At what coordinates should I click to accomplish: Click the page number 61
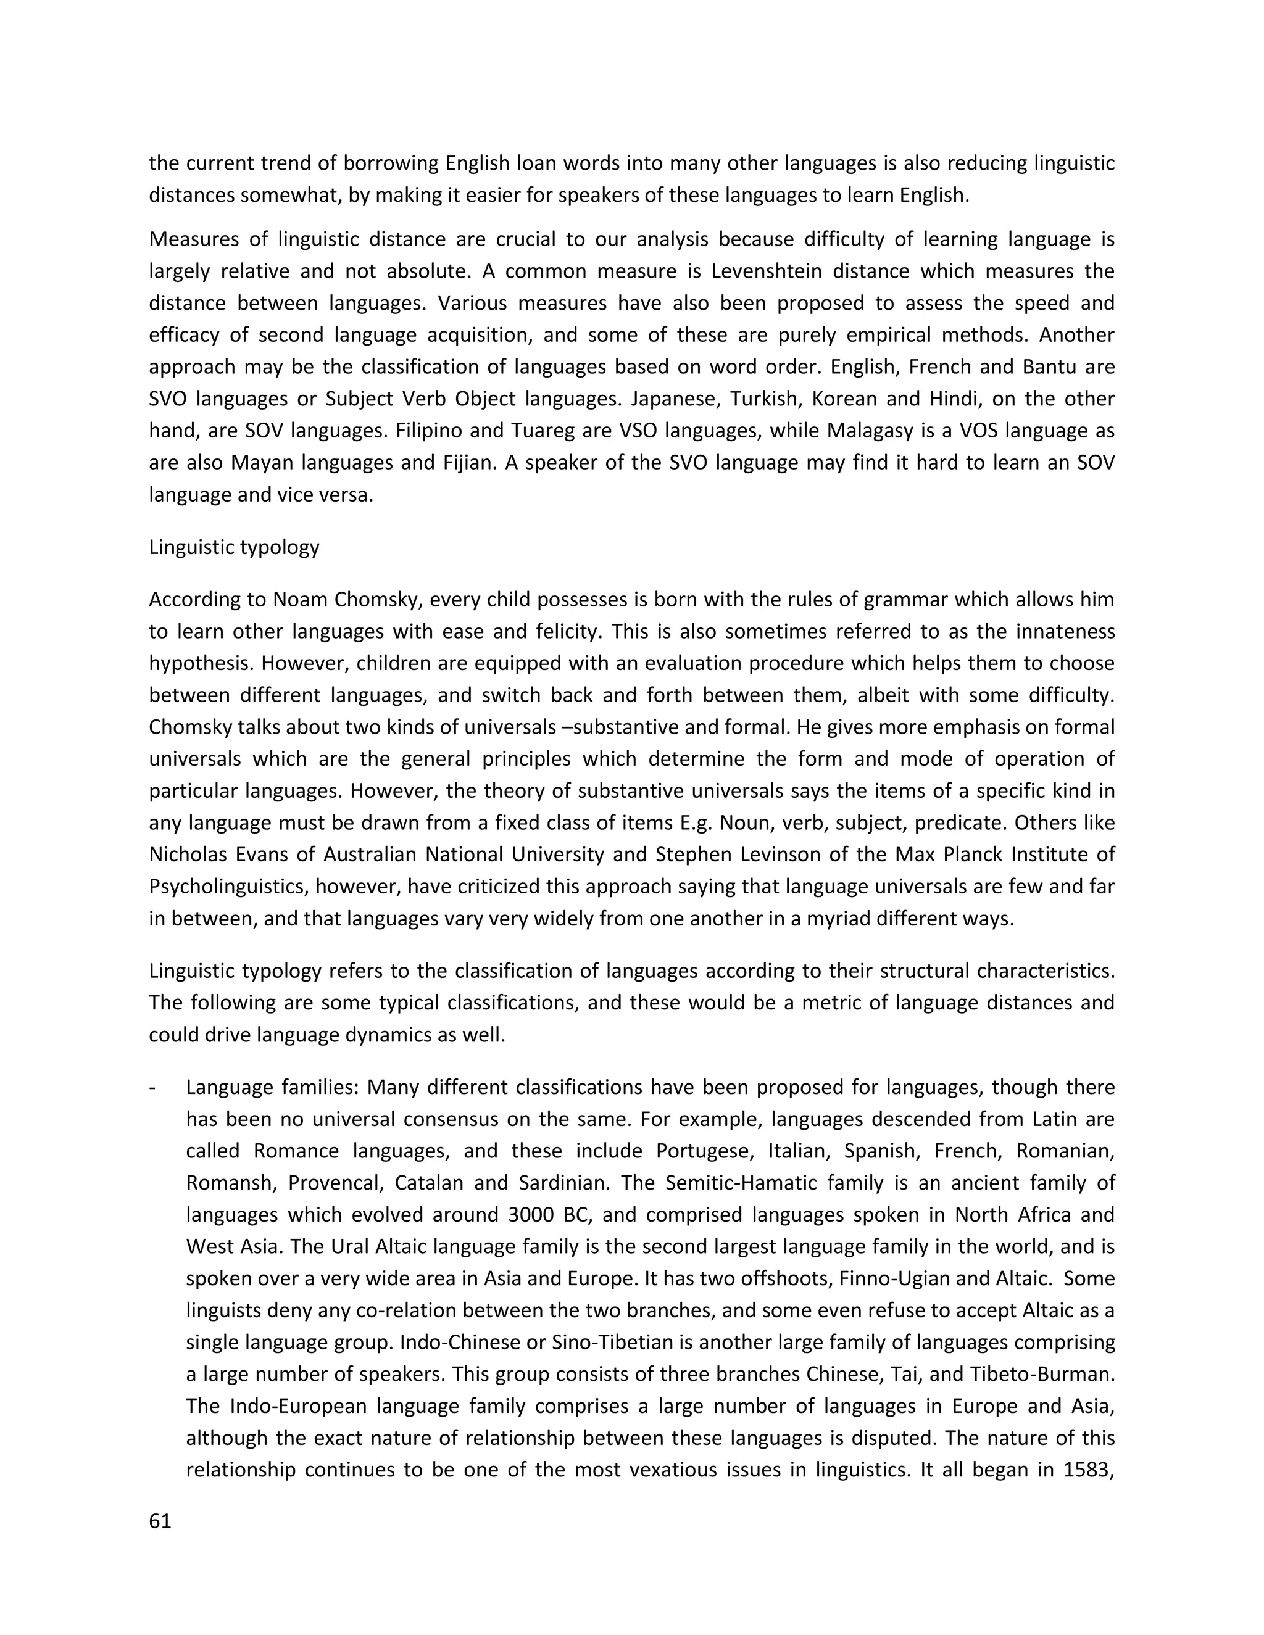[160, 1521]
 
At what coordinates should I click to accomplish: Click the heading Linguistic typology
[235, 547]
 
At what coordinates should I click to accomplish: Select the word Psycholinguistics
[228, 887]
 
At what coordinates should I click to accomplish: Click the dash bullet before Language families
[154, 1087]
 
